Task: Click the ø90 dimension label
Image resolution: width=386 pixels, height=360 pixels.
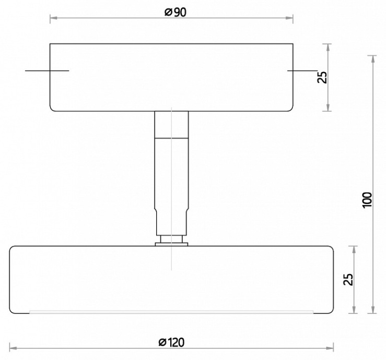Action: point(176,13)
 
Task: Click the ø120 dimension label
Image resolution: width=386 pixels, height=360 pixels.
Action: point(171,342)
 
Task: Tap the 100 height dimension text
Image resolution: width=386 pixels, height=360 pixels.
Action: point(367,200)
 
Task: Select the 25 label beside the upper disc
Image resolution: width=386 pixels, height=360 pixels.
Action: point(322,77)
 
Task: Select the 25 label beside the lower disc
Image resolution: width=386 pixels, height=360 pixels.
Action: point(348,279)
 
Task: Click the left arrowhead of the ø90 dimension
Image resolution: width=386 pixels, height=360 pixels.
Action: point(54,18)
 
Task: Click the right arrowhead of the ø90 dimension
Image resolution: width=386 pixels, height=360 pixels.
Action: point(289,18)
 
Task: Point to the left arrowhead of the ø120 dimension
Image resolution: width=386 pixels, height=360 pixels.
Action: point(13,349)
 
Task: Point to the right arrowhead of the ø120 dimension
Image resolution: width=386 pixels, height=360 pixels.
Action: point(330,349)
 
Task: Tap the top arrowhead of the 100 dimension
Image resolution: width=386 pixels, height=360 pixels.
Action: point(373,59)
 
